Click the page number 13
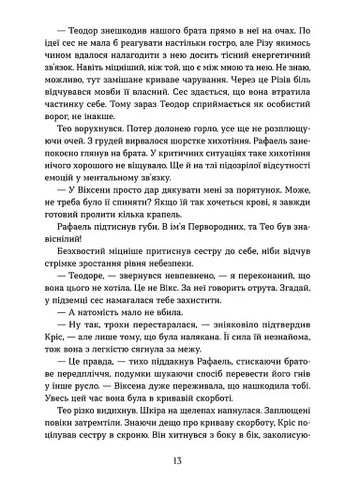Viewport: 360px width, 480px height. point(179,461)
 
